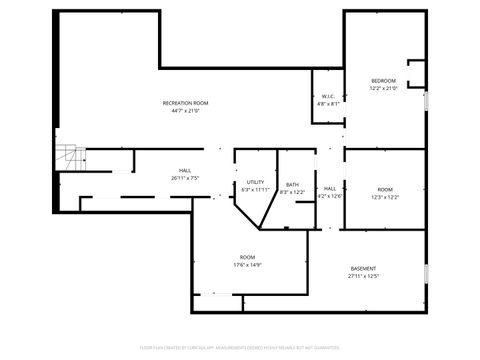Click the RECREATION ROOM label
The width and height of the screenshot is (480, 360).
pyautogui.click(x=186, y=104)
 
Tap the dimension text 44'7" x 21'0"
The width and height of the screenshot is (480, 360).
pyautogui.click(x=186, y=111)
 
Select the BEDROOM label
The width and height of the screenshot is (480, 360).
pyautogui.click(x=383, y=81)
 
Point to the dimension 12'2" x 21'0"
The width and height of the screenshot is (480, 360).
pyautogui.click(x=383, y=88)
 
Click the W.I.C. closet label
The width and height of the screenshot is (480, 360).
pyautogui.click(x=328, y=96)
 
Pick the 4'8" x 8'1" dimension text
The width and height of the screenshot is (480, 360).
pyautogui.click(x=328, y=103)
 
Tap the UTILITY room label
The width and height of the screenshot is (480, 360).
pyautogui.click(x=255, y=182)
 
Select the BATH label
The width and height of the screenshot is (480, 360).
pyautogui.click(x=292, y=185)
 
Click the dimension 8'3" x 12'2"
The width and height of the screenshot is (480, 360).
pyautogui.click(x=292, y=192)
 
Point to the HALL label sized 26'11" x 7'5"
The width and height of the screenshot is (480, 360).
pyautogui.click(x=185, y=171)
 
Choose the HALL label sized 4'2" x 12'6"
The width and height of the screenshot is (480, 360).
pyautogui.click(x=330, y=189)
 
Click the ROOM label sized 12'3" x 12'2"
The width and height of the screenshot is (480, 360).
pyautogui.click(x=385, y=189)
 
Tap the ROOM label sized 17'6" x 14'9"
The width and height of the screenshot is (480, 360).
pyautogui.click(x=247, y=258)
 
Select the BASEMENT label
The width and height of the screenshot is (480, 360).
pyautogui.click(x=364, y=269)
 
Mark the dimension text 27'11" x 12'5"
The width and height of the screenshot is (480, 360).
pyautogui.click(x=364, y=276)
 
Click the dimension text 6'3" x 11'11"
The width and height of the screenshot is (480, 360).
pyautogui.click(x=255, y=189)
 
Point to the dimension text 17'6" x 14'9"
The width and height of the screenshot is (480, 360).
pyautogui.click(x=247, y=265)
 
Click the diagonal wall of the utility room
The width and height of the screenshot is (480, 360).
pyautogui.click(x=243, y=214)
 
